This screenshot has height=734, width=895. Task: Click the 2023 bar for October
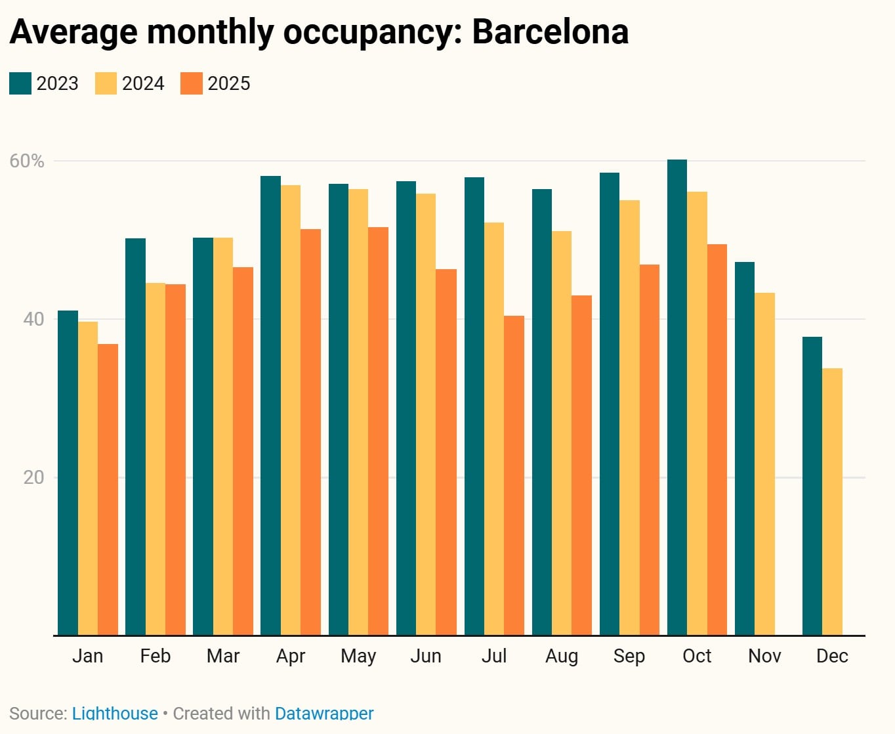[x=677, y=397]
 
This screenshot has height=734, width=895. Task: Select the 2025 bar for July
[x=514, y=475]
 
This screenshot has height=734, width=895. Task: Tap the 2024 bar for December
[x=832, y=502]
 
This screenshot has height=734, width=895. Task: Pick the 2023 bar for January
[x=68, y=473]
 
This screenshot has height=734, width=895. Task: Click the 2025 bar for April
[x=310, y=432]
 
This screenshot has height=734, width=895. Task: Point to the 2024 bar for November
[x=764, y=464]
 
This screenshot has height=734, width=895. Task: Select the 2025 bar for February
[x=175, y=460]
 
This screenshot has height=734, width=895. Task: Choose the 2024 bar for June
[x=426, y=414]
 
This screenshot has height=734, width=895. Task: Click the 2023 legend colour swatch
[x=20, y=84]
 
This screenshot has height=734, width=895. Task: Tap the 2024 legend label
[x=143, y=84]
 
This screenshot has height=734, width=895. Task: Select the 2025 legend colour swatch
[x=192, y=84]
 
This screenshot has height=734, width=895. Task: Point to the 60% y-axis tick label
[x=27, y=161]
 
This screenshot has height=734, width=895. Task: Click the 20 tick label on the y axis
[x=33, y=477]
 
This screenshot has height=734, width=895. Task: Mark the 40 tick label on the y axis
[x=33, y=319]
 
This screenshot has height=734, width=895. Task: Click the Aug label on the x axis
[x=561, y=656]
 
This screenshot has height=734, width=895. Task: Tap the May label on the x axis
[x=358, y=656]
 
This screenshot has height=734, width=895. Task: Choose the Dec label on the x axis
[x=832, y=656]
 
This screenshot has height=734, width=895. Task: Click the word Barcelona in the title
[x=550, y=32]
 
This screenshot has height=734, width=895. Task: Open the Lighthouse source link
[x=115, y=713]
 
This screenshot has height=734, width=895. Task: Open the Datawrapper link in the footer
[x=324, y=713]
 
